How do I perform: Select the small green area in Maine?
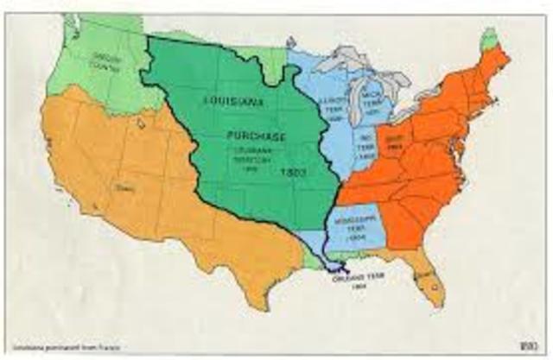tap(492, 36)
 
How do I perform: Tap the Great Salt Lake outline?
tap(140, 123)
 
